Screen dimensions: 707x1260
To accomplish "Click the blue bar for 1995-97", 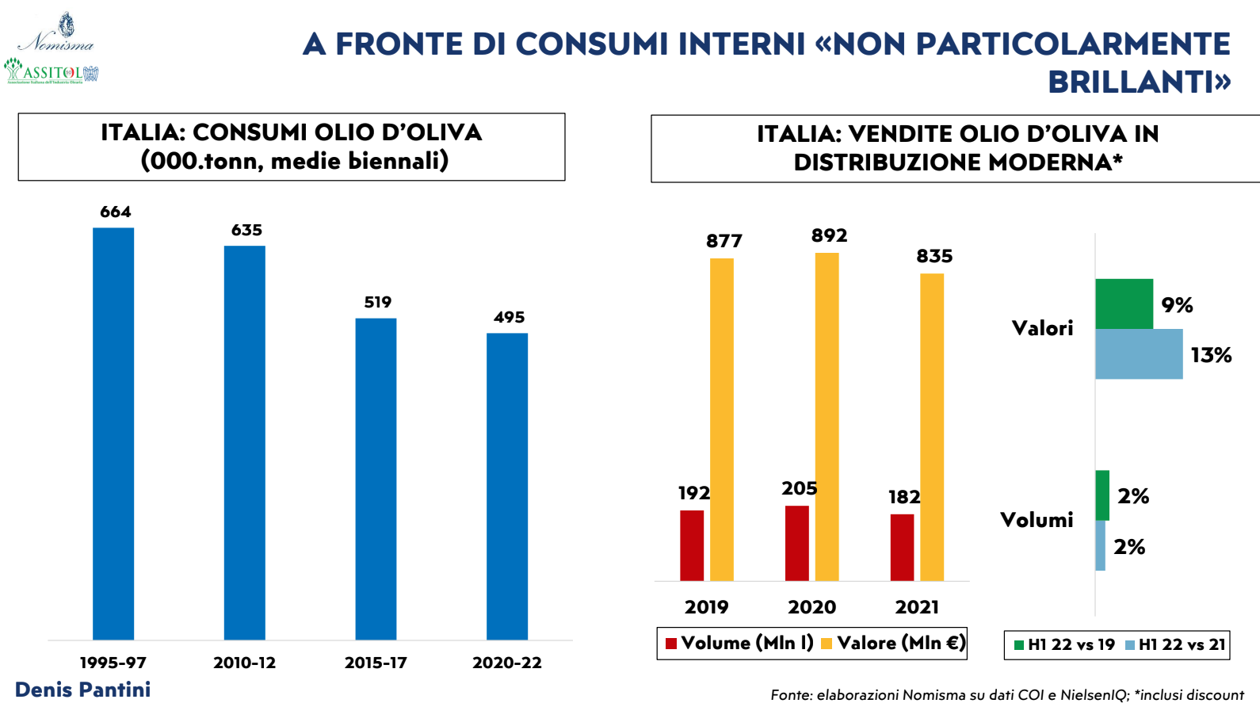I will click(x=113, y=434).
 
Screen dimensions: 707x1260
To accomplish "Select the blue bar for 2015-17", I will click(x=376, y=479).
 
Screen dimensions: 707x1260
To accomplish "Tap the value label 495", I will click(x=509, y=318).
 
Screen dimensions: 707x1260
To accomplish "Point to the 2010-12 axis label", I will click(x=244, y=663).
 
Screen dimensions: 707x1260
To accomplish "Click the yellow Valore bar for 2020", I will click(x=827, y=417).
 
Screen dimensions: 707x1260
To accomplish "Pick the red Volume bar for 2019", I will click(x=692, y=545).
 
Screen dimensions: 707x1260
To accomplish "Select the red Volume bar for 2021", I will click(x=902, y=548).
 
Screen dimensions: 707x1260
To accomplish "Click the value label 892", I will click(x=829, y=236).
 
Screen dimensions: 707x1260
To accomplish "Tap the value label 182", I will click(x=904, y=498).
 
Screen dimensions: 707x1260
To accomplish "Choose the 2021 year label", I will click(x=917, y=607).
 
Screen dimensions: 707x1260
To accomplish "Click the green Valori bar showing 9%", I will click(x=1124, y=304).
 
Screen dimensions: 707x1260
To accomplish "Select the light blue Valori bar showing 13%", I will click(x=1139, y=354).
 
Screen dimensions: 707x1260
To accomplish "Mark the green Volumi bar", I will click(x=1102, y=495).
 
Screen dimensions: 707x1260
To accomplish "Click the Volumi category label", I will click(x=1037, y=520).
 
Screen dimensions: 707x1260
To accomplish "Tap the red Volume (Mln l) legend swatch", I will click(x=671, y=644).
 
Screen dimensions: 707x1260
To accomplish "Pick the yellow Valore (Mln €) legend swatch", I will click(x=827, y=644).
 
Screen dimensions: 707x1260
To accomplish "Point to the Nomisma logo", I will click(x=57, y=34).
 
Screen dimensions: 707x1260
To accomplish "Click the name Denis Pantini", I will click(x=83, y=690).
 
